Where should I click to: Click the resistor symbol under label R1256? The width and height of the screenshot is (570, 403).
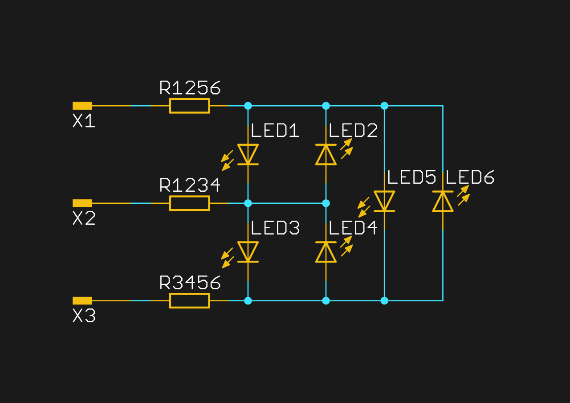tap(189, 106)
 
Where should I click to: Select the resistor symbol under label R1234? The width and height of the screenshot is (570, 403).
tap(189, 203)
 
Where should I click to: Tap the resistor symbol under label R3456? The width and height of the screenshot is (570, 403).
tap(189, 300)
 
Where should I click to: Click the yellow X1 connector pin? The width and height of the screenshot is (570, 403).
tap(82, 106)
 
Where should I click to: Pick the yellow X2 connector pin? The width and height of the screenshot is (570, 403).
tap(82, 203)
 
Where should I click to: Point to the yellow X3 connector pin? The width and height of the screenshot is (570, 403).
tap(82, 300)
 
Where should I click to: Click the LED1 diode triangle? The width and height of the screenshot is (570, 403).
tap(248, 154)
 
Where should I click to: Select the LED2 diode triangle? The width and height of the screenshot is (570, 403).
tap(326, 155)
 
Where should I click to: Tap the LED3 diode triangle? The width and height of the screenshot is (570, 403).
tap(248, 252)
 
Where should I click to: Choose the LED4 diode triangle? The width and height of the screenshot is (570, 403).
tap(326, 252)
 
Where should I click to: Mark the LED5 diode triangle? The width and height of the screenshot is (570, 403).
tap(384, 201)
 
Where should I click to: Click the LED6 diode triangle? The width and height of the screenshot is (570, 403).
tap(443, 201)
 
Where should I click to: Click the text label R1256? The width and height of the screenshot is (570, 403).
tap(190, 88)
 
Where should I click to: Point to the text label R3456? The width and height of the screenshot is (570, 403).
tap(190, 283)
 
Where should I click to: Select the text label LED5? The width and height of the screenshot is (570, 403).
tap(411, 177)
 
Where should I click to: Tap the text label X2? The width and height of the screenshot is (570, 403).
tap(84, 219)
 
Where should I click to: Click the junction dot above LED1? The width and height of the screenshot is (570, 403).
tap(248, 106)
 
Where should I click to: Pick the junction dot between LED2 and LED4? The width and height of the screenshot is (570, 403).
tap(326, 203)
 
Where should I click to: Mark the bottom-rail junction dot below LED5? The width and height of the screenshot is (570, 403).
tap(384, 300)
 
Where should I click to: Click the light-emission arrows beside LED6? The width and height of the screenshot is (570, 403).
tap(464, 195)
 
